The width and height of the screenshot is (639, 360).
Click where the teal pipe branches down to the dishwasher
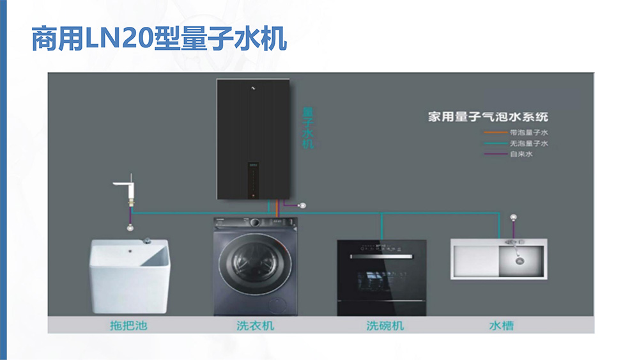pos(381,213)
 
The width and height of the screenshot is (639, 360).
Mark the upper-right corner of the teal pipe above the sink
pos(499,213)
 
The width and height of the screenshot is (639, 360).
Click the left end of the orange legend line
pos(484,132)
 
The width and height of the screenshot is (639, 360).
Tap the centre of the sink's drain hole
pos(520,261)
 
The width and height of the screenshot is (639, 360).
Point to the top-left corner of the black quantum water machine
pos(217,79)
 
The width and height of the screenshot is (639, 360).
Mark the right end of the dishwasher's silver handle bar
pos(412,256)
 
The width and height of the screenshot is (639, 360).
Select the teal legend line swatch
pos(496,143)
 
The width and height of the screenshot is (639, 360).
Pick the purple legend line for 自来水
pos(496,154)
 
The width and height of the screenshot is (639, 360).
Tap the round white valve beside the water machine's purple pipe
pos(302,205)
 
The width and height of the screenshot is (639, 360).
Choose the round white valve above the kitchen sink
pos(514,217)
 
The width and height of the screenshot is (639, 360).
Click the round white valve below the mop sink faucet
pos(130,228)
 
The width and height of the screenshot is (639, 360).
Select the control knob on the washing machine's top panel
pos(255,223)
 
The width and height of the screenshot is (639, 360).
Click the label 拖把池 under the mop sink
pos(128,325)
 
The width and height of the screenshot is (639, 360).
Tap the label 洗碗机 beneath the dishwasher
pos(385,325)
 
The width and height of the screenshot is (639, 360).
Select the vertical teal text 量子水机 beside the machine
pos(308,128)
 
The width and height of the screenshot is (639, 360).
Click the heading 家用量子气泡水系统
pos(488,117)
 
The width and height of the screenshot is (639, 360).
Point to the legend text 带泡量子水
pos(529,132)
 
